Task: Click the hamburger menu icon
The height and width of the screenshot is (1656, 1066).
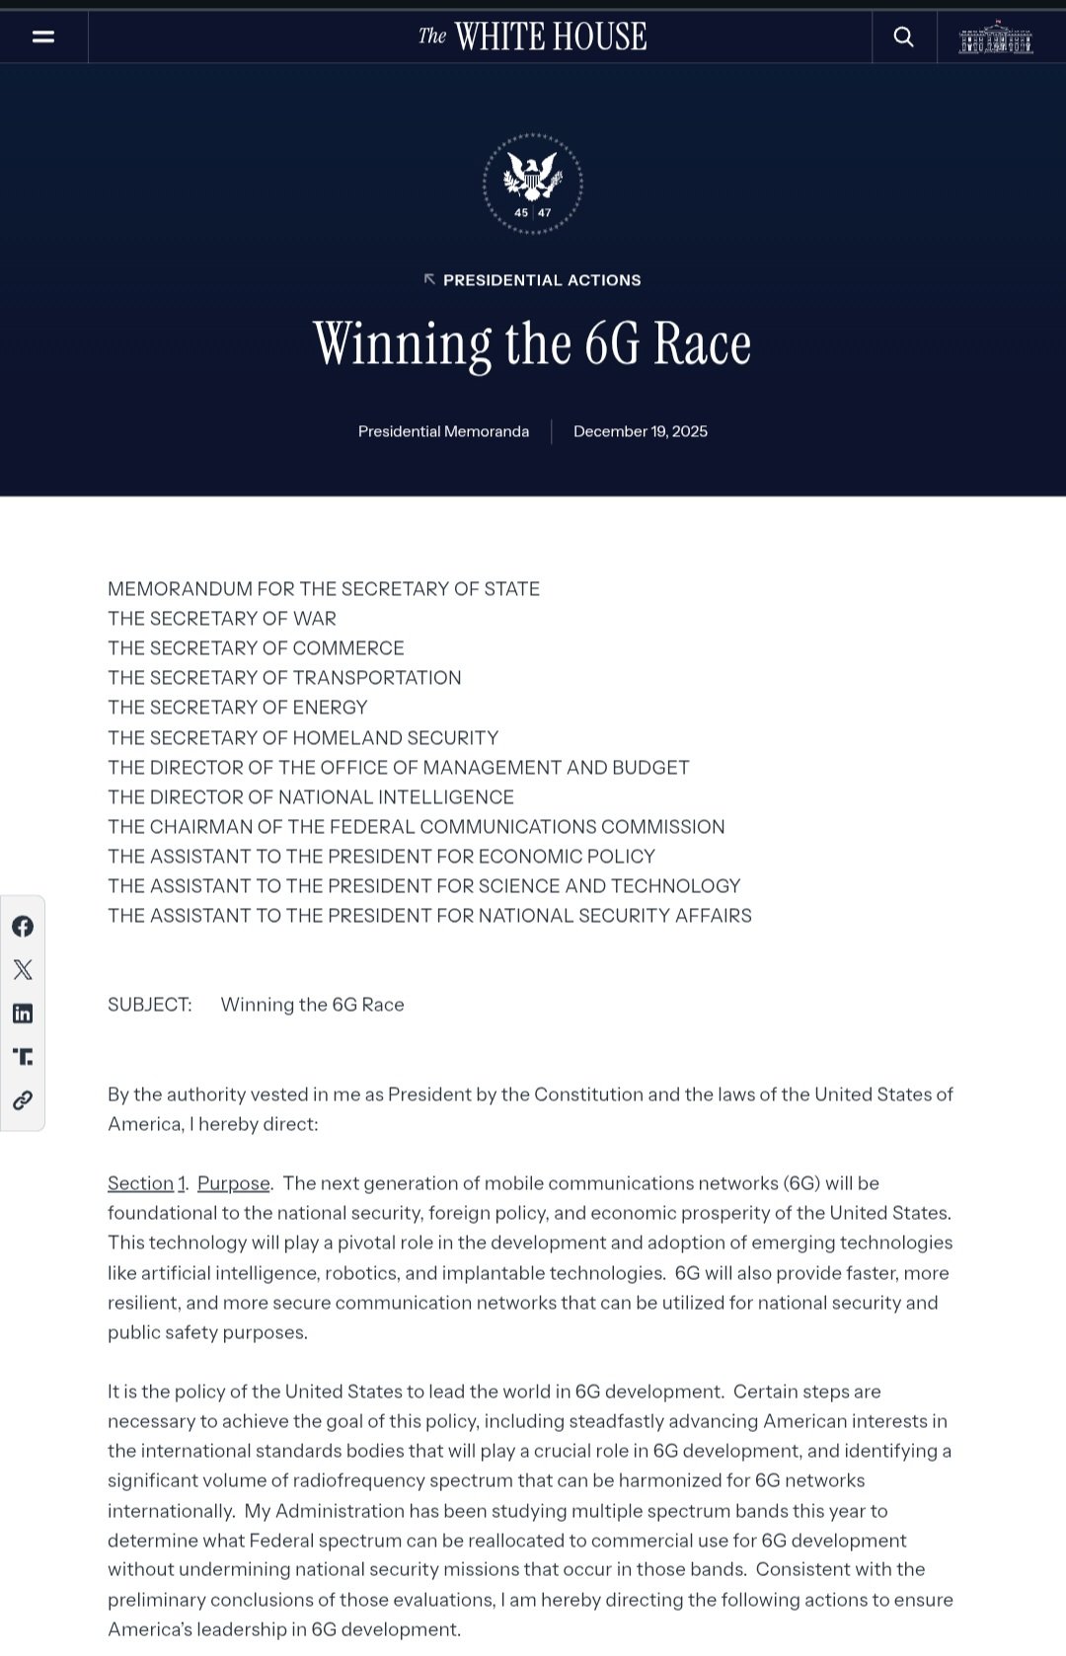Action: pyautogui.click(x=43, y=37)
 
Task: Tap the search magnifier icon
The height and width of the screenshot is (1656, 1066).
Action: pyautogui.click(x=903, y=37)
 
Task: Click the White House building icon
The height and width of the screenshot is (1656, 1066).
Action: pyautogui.click(x=996, y=38)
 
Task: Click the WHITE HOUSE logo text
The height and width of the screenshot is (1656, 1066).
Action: pyautogui.click(x=533, y=37)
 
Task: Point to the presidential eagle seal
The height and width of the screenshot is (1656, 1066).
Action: pyautogui.click(x=533, y=183)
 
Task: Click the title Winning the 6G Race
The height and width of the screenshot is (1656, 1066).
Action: pyautogui.click(x=533, y=343)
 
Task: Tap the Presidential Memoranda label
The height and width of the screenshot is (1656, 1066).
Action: pyautogui.click(x=443, y=431)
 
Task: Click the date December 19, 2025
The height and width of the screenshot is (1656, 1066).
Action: pyautogui.click(x=641, y=431)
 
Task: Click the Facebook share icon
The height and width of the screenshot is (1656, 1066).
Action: pyautogui.click(x=23, y=926)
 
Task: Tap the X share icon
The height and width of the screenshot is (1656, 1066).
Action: pyautogui.click(x=23, y=969)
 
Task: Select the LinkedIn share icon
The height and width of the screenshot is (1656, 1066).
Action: pyautogui.click(x=23, y=1014)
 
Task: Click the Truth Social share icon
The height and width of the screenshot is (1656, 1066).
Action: pyautogui.click(x=23, y=1057)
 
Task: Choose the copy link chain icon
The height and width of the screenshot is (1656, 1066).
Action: pyautogui.click(x=23, y=1100)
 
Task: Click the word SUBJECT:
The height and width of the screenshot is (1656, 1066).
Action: pyautogui.click(x=150, y=1005)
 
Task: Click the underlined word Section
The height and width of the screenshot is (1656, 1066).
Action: pyautogui.click(x=140, y=1183)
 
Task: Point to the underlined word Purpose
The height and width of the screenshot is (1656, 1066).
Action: pyautogui.click(x=234, y=1183)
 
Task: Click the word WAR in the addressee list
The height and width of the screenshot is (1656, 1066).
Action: pyautogui.click(x=315, y=619)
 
